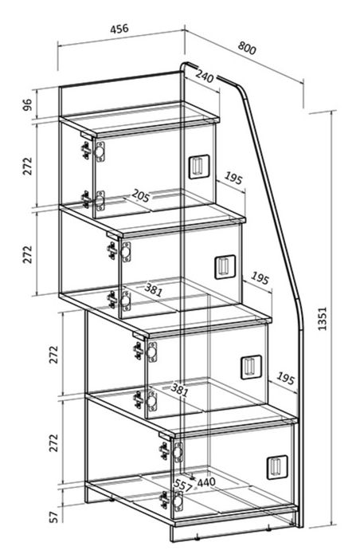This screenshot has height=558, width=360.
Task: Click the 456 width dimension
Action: tap(119, 29)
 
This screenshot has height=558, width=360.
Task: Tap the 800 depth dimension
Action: tap(247, 48)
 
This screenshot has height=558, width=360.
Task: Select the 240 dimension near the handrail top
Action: tap(205, 76)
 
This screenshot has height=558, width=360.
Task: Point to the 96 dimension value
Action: tap(27, 105)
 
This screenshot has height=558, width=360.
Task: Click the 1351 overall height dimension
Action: tap(322, 319)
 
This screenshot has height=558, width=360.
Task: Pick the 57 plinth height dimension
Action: tap(53, 517)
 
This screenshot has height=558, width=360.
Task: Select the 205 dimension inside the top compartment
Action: tap(140, 195)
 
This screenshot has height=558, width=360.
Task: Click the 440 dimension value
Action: tap(206, 482)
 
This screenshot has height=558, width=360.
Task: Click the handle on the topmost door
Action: tap(199, 166)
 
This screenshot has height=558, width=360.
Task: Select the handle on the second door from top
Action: tap(225, 267)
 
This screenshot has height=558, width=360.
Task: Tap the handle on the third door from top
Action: tap(251, 367)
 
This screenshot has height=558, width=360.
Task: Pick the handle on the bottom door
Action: tap(277, 467)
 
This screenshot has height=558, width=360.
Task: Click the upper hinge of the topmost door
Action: tap(93, 151)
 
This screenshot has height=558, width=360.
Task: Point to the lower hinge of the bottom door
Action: tap(171, 501)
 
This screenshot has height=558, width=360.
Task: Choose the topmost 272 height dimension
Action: tap(27, 166)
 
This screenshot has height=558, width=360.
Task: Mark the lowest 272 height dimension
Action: tap(53, 442)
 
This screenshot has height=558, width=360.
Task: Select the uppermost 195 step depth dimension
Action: tap(233, 178)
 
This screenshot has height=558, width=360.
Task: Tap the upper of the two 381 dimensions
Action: tap(154, 290)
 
